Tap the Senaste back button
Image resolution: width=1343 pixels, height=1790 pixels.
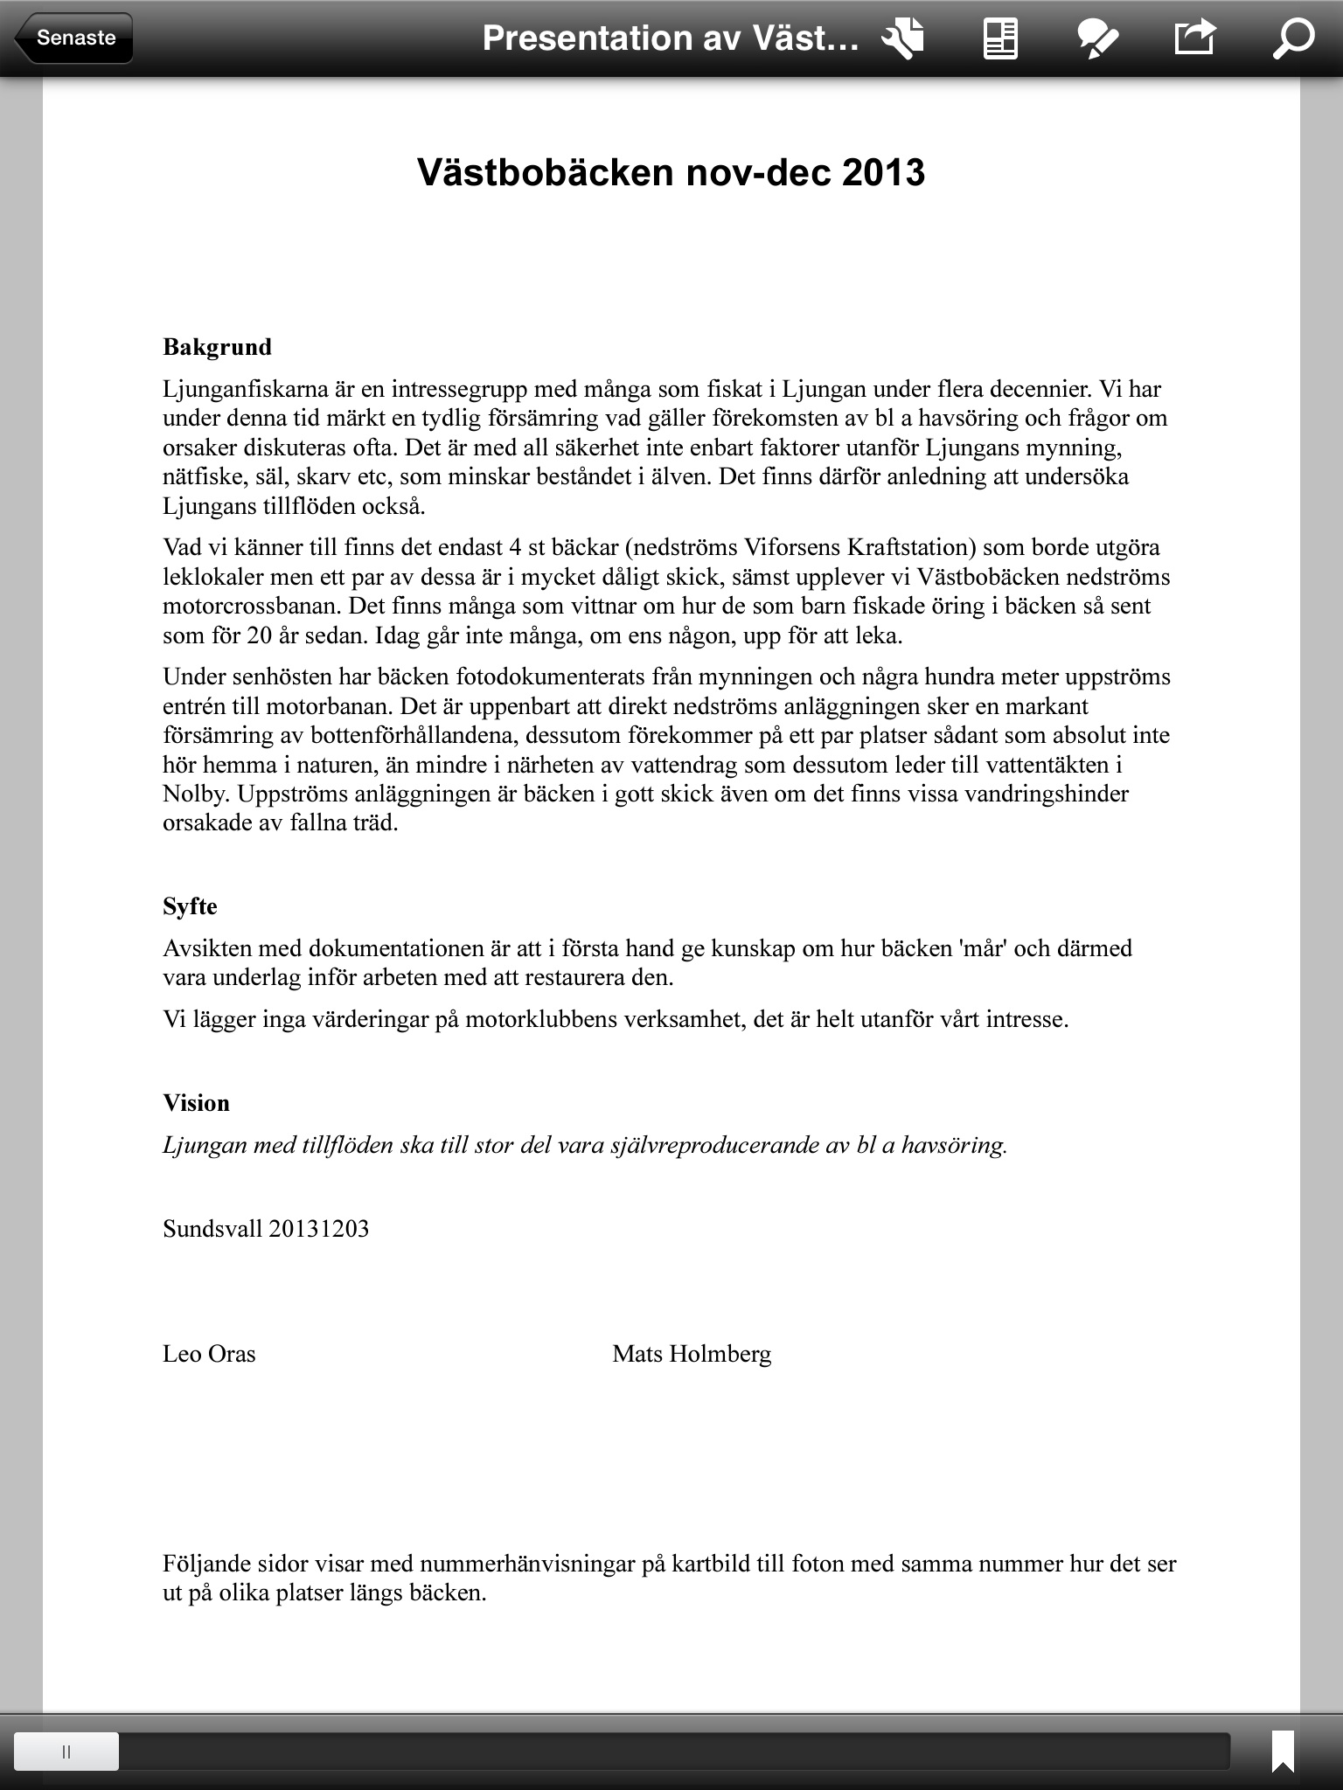[x=75, y=38]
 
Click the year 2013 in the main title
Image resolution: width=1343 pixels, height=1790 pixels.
[x=883, y=172]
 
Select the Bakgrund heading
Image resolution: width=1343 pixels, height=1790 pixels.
[x=217, y=347]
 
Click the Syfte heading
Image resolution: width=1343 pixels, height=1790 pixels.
[x=190, y=906]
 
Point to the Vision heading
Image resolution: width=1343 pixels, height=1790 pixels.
[x=196, y=1103]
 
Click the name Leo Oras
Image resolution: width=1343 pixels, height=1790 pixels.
[x=209, y=1354]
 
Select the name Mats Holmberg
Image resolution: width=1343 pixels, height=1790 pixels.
[x=692, y=1354]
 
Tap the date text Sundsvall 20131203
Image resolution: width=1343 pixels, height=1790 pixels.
[x=266, y=1229]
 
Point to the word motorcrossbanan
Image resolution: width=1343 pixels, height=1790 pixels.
[x=250, y=607]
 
